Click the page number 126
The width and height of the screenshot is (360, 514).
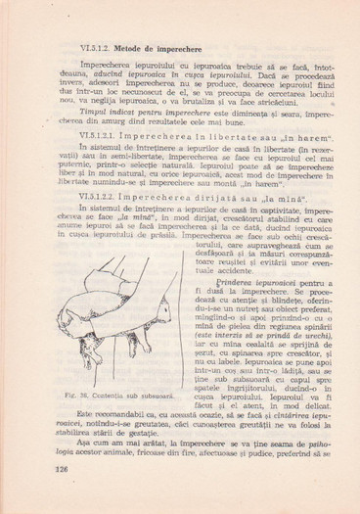point(67,495)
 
